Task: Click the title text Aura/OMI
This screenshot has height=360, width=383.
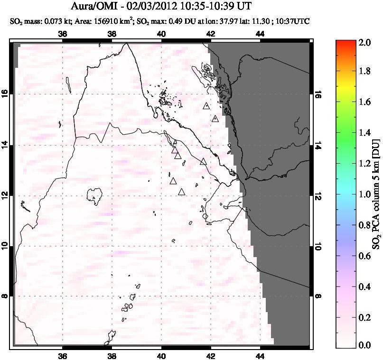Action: pos(97,7)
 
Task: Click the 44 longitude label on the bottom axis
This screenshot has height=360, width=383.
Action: pos(260,356)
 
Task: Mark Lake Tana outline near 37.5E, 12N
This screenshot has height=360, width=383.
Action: pos(95,194)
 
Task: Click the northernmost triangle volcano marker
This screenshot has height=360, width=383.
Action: pos(206,106)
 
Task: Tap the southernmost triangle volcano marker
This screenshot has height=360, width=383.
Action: pos(181,192)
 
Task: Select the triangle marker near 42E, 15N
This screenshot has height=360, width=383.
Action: pos(215,119)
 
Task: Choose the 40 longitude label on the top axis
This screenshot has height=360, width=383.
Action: pos(161,34)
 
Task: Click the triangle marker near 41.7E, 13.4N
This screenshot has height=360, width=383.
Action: pos(204,162)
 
